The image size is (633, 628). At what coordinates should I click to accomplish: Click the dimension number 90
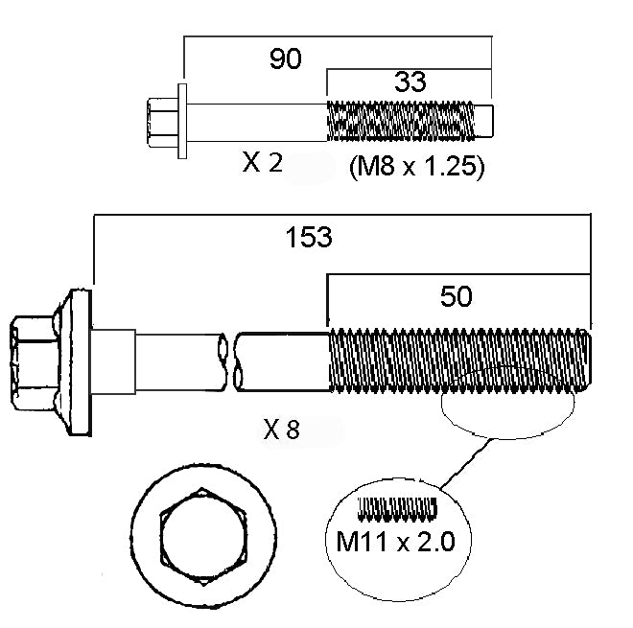click(285, 59)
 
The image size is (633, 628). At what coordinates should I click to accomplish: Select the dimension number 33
click(410, 83)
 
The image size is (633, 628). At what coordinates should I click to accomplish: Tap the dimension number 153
click(310, 237)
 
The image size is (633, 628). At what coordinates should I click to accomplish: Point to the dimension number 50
click(457, 296)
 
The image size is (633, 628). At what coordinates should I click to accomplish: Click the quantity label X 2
click(262, 163)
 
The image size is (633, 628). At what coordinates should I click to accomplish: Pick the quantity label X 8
click(281, 430)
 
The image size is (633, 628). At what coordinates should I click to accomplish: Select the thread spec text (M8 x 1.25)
click(413, 167)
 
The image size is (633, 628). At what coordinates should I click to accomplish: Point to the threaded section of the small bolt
click(403, 121)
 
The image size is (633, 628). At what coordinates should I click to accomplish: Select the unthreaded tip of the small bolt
click(486, 121)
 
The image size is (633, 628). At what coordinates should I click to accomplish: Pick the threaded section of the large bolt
click(460, 361)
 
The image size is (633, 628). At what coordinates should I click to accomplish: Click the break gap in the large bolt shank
click(231, 361)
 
